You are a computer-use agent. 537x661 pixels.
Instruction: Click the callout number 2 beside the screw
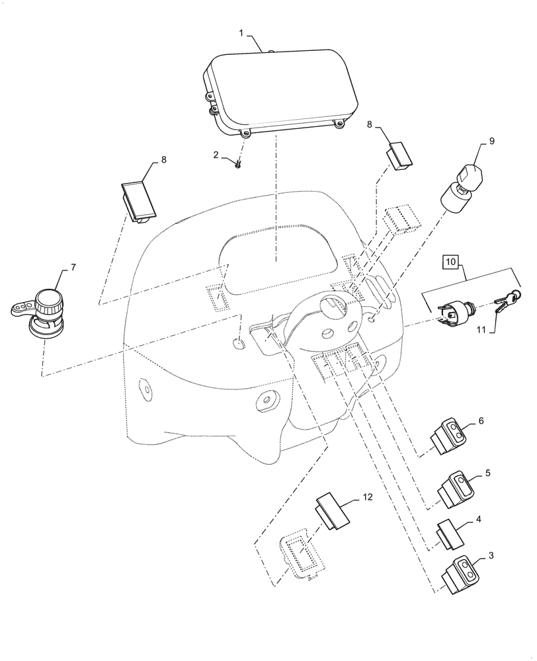(x=215, y=155)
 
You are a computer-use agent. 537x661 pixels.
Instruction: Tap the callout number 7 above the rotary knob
(x=73, y=266)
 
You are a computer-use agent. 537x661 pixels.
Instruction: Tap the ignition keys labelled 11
(x=507, y=301)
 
